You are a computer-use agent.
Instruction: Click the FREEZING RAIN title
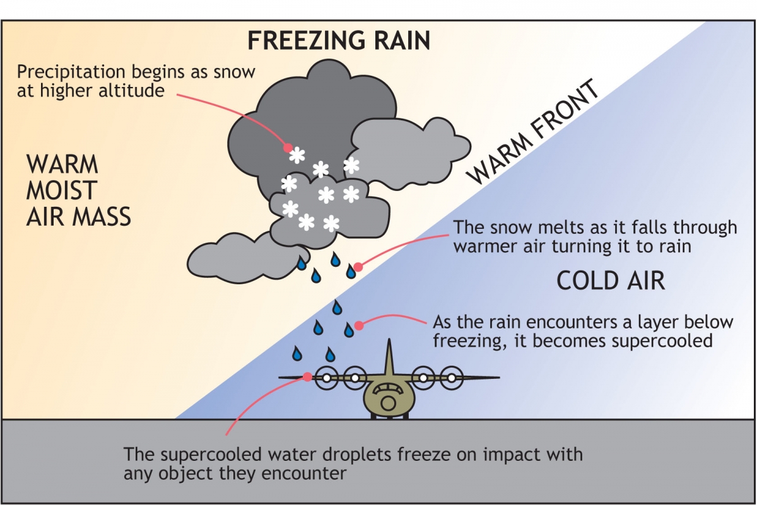(338, 40)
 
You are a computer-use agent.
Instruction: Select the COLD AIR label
(610, 281)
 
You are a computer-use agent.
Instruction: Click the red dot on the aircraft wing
(308, 376)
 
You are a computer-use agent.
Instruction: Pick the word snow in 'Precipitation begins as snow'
(235, 72)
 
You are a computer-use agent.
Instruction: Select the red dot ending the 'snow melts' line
(358, 267)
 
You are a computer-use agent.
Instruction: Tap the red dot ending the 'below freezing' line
(359, 326)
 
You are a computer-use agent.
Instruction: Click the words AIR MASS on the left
(78, 217)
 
